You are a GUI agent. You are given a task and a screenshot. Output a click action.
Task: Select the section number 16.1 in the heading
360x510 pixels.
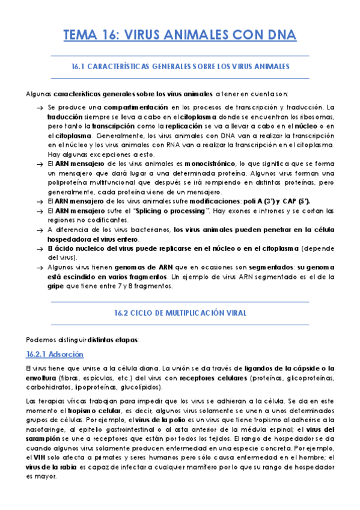click(x=79, y=66)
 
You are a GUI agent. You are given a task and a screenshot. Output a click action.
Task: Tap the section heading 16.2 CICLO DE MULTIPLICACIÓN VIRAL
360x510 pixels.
click(x=180, y=313)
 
